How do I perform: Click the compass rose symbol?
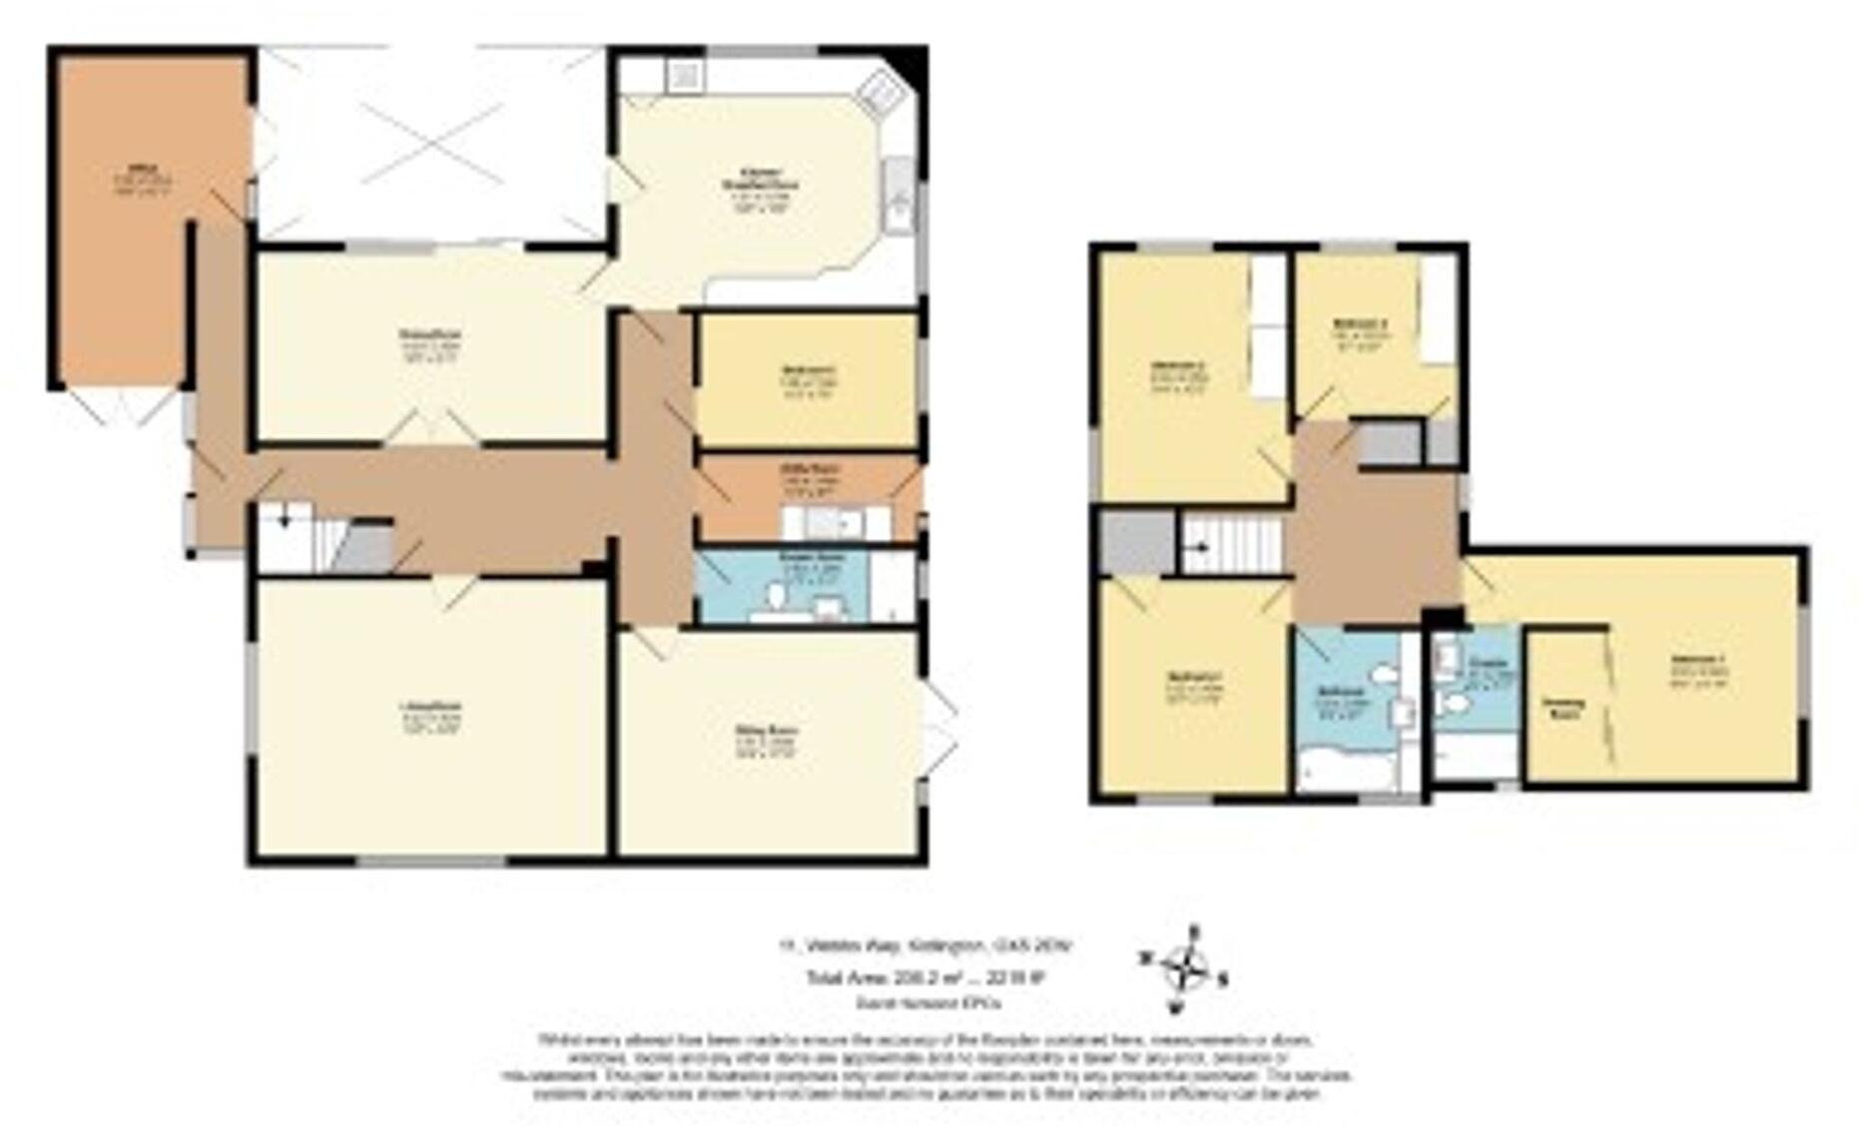(x=1183, y=969)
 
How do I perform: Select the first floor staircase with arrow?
(x=1230, y=544)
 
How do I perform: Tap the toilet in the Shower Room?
(x=777, y=597)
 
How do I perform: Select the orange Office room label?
(x=139, y=172)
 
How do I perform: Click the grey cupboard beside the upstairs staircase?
(x=1136, y=542)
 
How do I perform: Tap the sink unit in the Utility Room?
(x=835, y=522)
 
